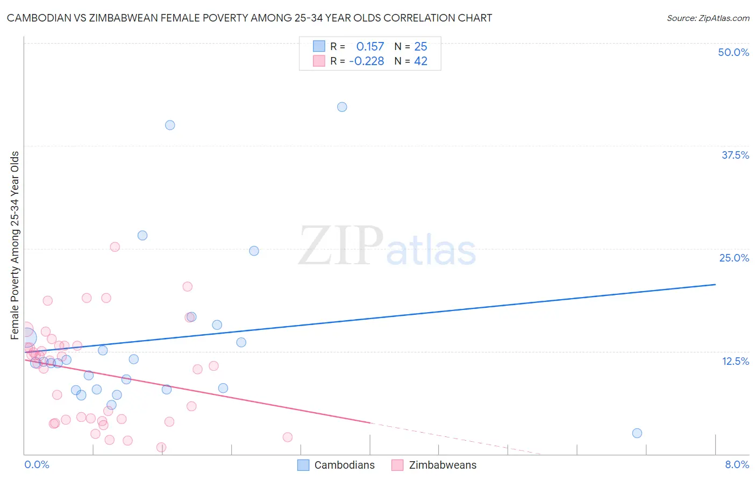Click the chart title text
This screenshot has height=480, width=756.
coord(249,18)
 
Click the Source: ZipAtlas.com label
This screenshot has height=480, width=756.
coord(708,18)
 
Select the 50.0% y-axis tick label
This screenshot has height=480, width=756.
coord(733,52)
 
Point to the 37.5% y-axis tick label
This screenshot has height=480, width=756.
coord(735,155)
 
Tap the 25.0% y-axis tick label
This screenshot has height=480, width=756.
coord(734,258)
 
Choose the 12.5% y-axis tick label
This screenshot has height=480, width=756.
coord(735,361)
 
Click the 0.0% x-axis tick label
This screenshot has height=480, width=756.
coord(37,464)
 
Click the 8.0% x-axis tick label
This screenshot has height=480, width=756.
coord(737,464)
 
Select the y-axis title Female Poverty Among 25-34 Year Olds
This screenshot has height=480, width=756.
coord(15,245)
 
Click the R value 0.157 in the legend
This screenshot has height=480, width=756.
coord(370,47)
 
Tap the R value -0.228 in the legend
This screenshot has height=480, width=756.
coord(367,61)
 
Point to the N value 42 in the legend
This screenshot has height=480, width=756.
coord(420,61)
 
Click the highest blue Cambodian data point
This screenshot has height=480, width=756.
coord(342,107)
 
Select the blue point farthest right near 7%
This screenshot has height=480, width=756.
coord(637,433)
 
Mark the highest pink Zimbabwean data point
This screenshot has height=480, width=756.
coord(115,247)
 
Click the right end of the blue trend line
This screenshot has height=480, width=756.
coord(715,284)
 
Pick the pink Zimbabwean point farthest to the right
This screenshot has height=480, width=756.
coord(288,437)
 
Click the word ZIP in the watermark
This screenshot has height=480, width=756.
coord(341,246)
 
